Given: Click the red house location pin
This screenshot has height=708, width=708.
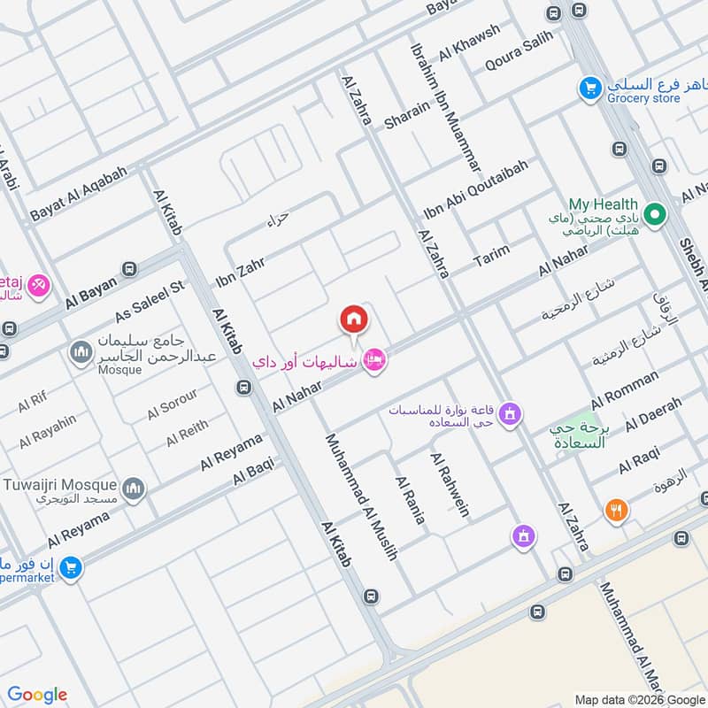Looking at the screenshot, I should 354,319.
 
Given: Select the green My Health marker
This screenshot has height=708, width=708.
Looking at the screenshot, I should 655,214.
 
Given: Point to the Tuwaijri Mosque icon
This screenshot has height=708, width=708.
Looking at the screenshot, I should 134,489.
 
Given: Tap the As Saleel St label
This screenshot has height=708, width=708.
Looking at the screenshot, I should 149,302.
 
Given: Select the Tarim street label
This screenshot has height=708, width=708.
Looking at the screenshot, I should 492,256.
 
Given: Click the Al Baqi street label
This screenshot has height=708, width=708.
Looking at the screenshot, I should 254,470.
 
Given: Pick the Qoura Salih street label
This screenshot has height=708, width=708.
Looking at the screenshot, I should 519,51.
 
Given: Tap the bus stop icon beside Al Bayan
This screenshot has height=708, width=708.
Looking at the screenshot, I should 130,269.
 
